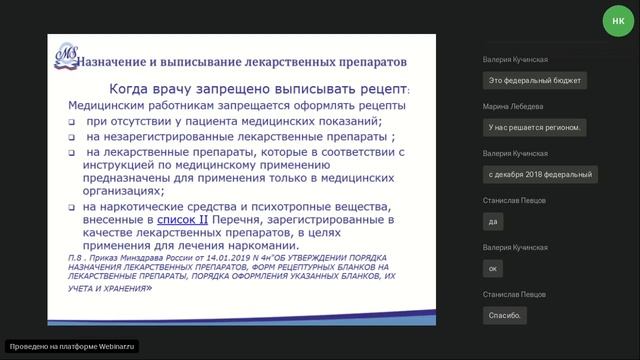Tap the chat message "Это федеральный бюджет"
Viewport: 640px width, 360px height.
click(x=536, y=80)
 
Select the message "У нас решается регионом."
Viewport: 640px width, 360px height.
click(x=536, y=127)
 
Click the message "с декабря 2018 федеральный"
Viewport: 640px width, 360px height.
click(x=540, y=174)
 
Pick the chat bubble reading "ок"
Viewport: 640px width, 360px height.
click(x=493, y=268)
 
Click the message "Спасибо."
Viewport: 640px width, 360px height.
click(x=504, y=315)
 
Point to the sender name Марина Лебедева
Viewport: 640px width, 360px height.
click(x=515, y=107)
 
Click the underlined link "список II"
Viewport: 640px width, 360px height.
click(x=182, y=217)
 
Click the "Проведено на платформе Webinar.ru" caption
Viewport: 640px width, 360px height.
click(x=70, y=346)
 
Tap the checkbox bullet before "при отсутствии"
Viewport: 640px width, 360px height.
click(x=73, y=121)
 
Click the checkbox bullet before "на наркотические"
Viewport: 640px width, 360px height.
click(x=73, y=204)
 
